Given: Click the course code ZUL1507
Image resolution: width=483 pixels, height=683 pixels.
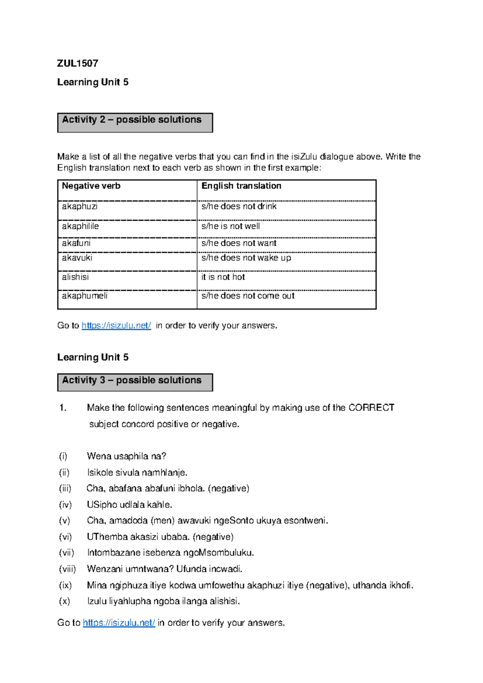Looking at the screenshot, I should click(78, 63).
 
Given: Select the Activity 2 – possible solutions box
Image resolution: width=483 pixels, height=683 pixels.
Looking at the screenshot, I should click(135, 122).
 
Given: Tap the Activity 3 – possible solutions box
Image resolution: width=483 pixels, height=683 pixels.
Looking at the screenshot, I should click(135, 382).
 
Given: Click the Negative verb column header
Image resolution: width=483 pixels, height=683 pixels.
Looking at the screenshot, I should click(91, 186).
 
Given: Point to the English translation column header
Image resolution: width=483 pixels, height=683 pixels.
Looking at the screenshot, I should click(241, 186).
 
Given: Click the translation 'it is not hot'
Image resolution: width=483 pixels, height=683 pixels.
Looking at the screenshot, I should click(223, 277).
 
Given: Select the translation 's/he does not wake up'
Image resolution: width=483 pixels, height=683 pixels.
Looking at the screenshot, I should click(246, 258).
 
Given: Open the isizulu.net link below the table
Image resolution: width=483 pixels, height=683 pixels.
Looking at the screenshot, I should click(116, 325).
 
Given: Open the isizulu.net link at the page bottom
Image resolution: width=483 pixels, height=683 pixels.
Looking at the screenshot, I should click(119, 623).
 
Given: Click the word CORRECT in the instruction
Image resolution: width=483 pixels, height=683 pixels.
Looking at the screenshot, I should click(371, 408).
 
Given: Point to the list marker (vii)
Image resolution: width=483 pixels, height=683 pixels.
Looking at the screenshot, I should click(66, 553).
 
